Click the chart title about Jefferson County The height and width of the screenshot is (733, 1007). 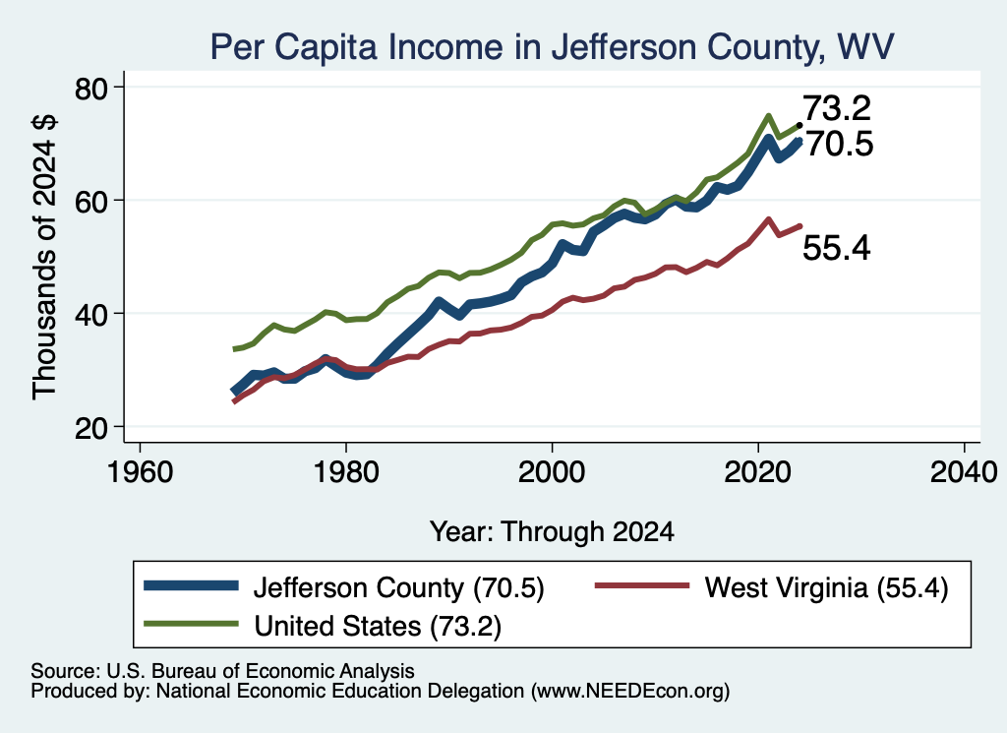(x=553, y=47)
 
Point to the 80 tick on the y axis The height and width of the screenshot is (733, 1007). (x=91, y=89)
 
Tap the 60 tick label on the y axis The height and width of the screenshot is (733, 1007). (x=91, y=202)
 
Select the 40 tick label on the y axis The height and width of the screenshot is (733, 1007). (x=91, y=315)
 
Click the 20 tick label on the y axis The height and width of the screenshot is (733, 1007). (x=91, y=428)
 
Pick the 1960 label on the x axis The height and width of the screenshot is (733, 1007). (x=140, y=472)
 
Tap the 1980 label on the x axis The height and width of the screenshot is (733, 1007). (x=345, y=472)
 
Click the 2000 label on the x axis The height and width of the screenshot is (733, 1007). (x=552, y=472)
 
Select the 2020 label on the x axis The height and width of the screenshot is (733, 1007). (x=758, y=472)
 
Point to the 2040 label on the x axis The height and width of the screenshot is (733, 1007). (x=964, y=472)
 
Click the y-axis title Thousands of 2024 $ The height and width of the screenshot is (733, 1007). (x=45, y=257)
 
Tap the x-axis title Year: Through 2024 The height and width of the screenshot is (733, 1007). (x=552, y=532)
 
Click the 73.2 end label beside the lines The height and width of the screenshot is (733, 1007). (x=837, y=108)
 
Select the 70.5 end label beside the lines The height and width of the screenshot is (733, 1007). (x=840, y=144)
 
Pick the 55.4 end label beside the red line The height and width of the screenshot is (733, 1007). (x=837, y=248)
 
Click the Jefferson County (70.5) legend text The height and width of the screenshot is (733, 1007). (x=399, y=587)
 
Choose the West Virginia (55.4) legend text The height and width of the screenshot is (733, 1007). (x=826, y=587)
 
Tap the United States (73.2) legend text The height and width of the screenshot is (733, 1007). (x=378, y=627)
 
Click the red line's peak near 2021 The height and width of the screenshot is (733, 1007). (x=768, y=219)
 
